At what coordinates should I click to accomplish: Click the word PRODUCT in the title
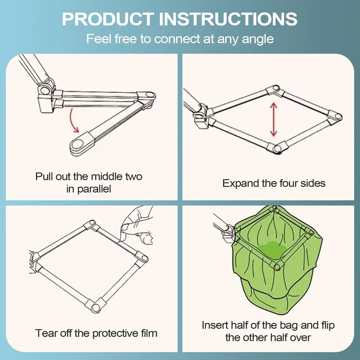pos(108,19)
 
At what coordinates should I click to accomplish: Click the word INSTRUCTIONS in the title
pos(228,19)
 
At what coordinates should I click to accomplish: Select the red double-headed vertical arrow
pos(274,120)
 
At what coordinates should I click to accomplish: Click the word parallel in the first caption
pos(94,189)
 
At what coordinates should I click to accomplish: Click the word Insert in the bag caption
pos(215,325)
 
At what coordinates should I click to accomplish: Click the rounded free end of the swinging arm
pos(78,145)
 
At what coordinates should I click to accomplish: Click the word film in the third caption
pos(149,333)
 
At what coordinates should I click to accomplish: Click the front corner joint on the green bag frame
pos(277,266)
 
